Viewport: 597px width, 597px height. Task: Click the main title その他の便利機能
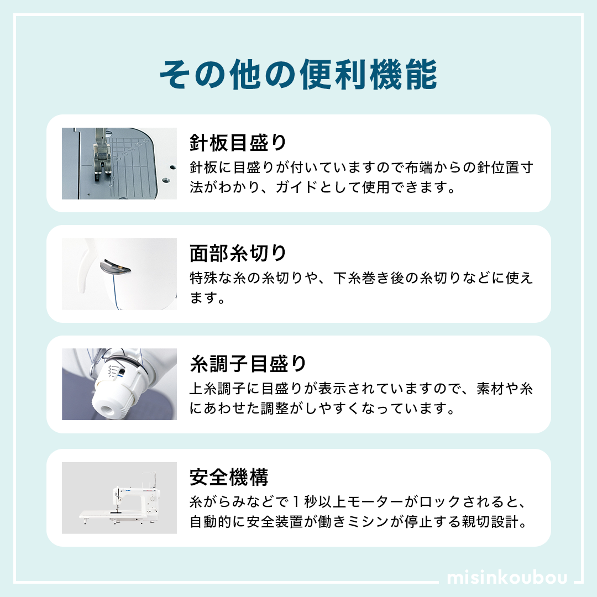298,75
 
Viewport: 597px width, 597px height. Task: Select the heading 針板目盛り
238,143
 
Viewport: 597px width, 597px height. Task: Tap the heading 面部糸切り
238,253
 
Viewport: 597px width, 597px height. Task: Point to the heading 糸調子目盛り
248,364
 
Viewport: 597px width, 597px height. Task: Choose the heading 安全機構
229,477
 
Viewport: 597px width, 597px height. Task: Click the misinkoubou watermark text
507,577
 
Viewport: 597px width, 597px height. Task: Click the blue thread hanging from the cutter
114,291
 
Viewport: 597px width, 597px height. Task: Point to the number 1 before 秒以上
296,502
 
